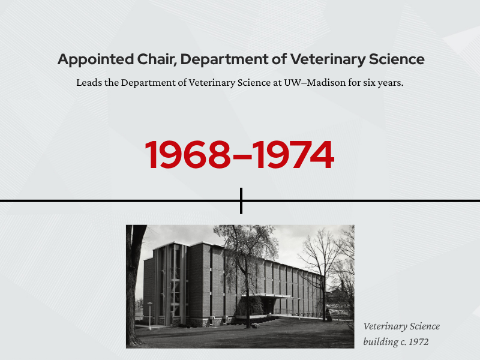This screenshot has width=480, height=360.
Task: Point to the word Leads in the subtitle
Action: click(88, 83)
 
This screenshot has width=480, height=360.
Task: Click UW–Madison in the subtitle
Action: click(316, 83)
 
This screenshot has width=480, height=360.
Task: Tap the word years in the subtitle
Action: click(391, 83)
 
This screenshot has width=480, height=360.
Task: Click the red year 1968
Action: click(187, 155)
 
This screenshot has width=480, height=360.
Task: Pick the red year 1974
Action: click(293, 155)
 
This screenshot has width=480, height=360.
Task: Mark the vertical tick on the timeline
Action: click(241, 200)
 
